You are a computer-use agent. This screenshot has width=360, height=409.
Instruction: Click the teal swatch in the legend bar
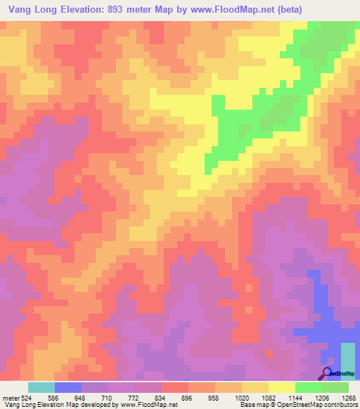click(x=41, y=387)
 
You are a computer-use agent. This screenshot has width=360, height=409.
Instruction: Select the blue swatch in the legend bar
click(x=67, y=387)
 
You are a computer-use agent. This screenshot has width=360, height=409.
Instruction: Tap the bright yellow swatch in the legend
click(x=281, y=387)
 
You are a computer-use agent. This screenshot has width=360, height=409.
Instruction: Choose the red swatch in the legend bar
click(x=174, y=387)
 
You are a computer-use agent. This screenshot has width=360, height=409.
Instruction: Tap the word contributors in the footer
click(x=339, y=405)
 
